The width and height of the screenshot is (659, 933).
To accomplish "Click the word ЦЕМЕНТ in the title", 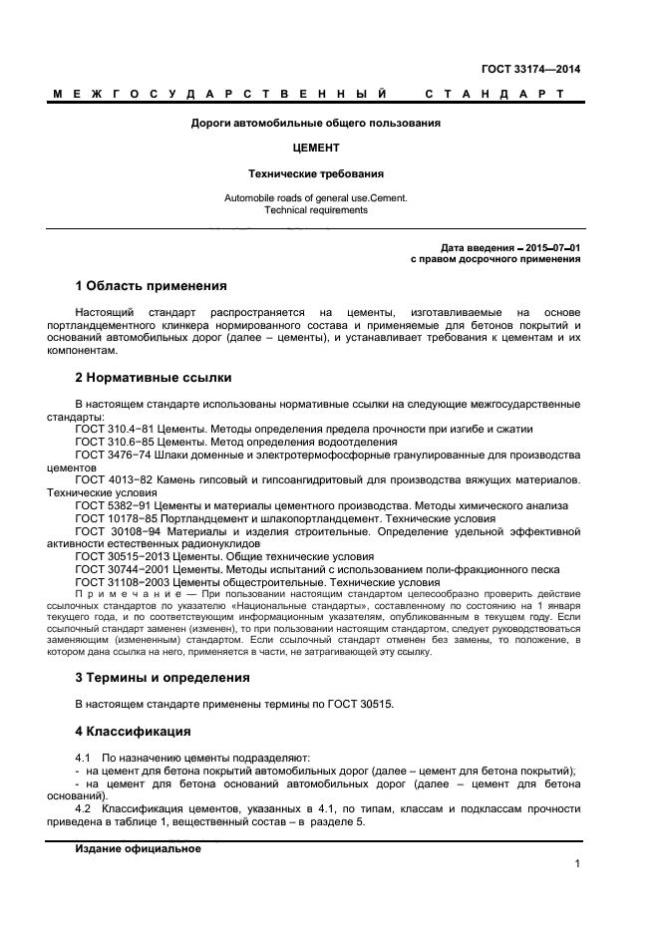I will click(316, 148).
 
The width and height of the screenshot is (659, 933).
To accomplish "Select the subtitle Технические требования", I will click(316, 172).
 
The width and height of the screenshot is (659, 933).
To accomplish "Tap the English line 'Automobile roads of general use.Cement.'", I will click(316, 197).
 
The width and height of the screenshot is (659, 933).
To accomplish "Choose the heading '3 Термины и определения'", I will click(163, 677).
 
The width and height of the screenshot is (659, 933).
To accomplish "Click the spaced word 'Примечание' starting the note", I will click(118, 593).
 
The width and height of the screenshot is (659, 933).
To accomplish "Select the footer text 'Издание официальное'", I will click(139, 848).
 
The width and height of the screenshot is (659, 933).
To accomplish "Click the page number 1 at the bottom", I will click(577, 864).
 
